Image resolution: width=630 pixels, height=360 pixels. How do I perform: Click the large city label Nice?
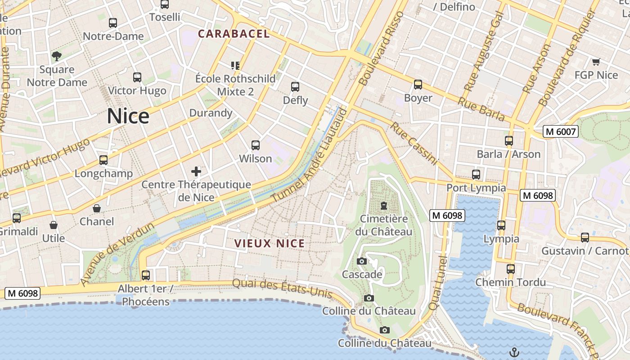(128, 117)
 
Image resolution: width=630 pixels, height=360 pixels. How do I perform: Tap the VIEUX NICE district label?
(270, 244)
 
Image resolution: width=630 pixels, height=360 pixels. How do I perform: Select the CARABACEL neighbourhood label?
(234, 34)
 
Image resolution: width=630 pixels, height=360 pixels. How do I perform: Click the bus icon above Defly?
(295, 87)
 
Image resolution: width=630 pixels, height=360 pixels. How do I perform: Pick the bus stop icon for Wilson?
(256, 145)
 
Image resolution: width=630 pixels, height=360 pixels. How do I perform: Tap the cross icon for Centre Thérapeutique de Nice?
(196, 171)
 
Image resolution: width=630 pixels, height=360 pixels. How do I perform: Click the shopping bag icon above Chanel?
(97, 208)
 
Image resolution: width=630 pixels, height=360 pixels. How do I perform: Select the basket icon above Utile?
(54, 225)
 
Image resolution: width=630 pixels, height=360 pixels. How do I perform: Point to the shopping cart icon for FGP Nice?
(596, 62)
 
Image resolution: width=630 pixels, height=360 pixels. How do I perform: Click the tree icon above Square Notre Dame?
(57, 56)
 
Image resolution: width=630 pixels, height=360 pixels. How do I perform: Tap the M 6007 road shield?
(560, 131)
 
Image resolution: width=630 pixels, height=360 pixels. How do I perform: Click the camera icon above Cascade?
(361, 261)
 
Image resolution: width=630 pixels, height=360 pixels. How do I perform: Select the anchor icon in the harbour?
(513, 352)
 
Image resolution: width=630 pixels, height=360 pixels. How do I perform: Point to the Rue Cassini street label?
(414, 144)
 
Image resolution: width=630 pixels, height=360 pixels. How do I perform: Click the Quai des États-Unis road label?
(282, 288)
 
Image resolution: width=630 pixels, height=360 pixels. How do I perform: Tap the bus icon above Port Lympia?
(476, 175)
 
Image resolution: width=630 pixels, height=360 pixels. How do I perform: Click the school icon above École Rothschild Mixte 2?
(235, 66)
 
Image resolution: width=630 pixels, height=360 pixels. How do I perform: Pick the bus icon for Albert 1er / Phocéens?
(146, 275)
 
